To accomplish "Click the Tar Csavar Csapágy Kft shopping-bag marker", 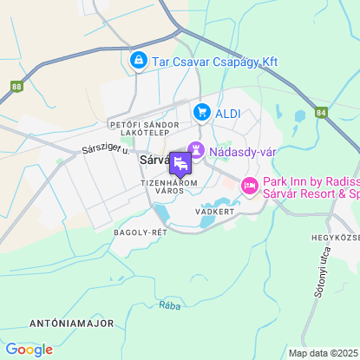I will (x=137, y=61).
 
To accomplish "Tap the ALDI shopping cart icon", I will (x=202, y=112).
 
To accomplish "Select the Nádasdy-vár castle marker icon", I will (x=197, y=151).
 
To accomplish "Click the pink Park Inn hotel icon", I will (x=249, y=186).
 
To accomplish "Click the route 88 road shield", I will (x=17, y=87).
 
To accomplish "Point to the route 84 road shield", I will (x=321, y=112).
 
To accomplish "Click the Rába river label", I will (x=170, y=305).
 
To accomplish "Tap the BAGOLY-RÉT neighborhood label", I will (x=140, y=232).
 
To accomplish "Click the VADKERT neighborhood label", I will (x=216, y=211).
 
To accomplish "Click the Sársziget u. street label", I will (x=105, y=149).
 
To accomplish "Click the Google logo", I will (x=29, y=350).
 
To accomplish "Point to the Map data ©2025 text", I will (x=322, y=353).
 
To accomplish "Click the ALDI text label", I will (x=228, y=112).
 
